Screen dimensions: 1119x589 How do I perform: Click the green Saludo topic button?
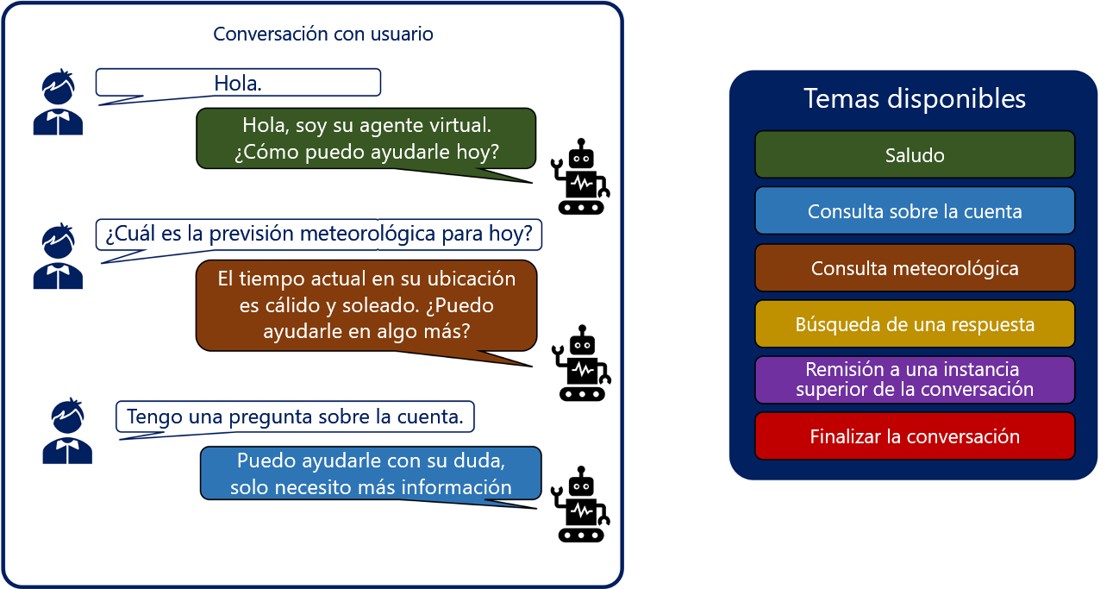click(x=915, y=154)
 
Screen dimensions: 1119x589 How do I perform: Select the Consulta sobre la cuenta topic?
click(x=915, y=210)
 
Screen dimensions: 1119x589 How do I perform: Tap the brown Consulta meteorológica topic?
click(x=915, y=268)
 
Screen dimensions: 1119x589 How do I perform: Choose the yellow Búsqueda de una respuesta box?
click(x=915, y=323)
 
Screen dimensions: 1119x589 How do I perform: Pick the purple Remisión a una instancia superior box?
click(x=915, y=379)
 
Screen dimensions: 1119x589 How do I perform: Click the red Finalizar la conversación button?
click(x=915, y=436)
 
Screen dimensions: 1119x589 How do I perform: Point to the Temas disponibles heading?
click(x=915, y=98)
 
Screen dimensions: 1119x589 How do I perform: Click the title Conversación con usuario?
click(x=323, y=34)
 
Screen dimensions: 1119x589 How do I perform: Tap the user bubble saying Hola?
click(x=238, y=83)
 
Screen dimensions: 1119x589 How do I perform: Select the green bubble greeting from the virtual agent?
click(x=366, y=138)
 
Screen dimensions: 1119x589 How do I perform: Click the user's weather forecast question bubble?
click(x=319, y=235)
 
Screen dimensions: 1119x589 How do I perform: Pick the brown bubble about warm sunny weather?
click(x=366, y=305)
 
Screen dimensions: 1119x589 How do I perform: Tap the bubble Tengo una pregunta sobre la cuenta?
click(x=295, y=417)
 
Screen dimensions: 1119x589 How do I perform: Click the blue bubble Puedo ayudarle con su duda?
click(x=371, y=473)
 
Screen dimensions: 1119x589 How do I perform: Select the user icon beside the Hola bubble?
click(x=58, y=102)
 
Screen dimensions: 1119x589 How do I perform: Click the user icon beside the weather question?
click(x=58, y=256)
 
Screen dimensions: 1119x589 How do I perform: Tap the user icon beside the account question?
click(x=67, y=431)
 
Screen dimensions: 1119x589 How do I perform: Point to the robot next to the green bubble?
click(x=580, y=177)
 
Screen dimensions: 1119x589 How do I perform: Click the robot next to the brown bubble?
click(x=581, y=363)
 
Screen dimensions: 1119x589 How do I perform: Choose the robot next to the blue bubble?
click(x=580, y=504)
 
